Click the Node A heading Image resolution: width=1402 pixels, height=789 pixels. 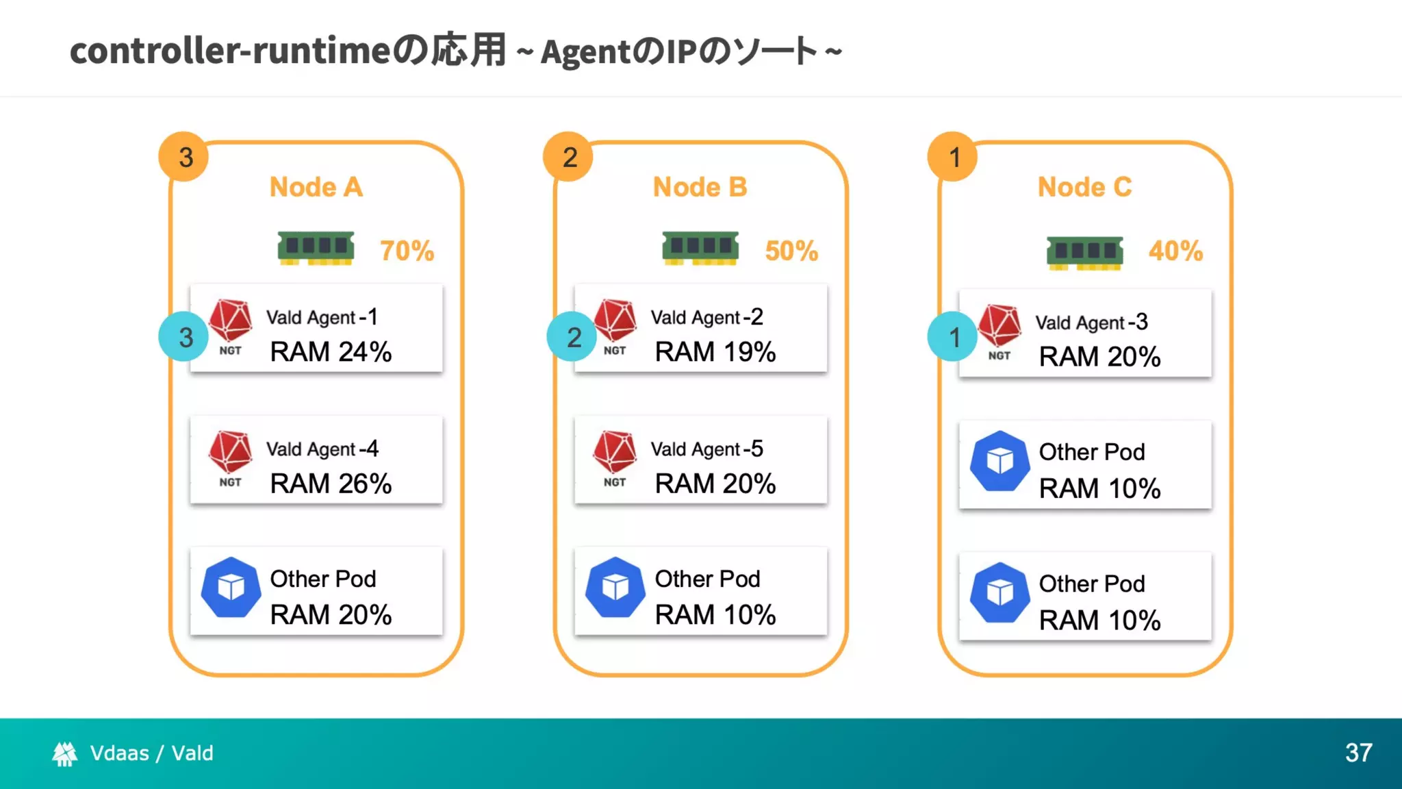[316, 187]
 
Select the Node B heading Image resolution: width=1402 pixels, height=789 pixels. [700, 187]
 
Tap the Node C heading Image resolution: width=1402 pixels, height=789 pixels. [1084, 187]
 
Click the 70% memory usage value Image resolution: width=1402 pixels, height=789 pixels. [407, 251]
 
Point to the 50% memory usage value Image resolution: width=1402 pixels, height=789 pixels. [791, 251]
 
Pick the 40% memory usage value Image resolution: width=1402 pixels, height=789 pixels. [1175, 251]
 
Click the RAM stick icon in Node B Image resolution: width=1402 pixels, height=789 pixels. [700, 248]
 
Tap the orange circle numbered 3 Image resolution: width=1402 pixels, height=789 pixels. [183, 157]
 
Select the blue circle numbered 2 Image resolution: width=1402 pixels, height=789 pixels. [572, 337]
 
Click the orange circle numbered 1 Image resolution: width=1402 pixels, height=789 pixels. [953, 157]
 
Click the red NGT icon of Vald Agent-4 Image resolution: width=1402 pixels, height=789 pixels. [231, 453]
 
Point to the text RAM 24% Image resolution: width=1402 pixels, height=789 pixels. [331, 352]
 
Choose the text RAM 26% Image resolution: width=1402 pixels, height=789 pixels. [331, 484]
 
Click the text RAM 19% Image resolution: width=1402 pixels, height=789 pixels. [715, 352]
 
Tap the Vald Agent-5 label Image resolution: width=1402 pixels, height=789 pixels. [706, 449]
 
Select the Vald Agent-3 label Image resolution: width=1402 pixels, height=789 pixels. [1091, 323]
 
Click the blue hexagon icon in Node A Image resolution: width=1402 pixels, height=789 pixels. [231, 587]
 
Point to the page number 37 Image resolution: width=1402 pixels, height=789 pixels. [1358, 753]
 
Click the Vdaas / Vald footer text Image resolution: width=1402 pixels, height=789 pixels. [151, 753]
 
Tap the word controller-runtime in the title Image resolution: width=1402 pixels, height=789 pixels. [230, 51]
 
